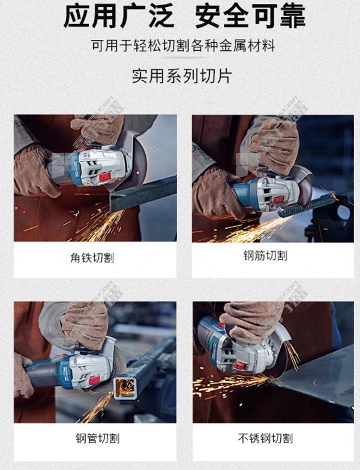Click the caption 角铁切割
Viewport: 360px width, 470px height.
pos(92,258)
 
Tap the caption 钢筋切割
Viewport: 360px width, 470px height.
pos(265,256)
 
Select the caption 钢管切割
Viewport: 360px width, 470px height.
pos(97,438)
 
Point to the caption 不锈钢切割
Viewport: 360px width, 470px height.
pos(265,438)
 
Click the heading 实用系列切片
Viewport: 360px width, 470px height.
pos(182,76)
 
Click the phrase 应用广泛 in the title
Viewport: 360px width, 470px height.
pos(119,16)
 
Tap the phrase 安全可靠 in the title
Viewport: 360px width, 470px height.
pos(250,16)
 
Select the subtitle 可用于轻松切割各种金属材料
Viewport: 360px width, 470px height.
pos(183,46)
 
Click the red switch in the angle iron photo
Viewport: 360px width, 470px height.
pos(105,177)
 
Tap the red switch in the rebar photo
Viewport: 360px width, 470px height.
pos(278,199)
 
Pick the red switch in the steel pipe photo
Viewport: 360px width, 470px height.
pos(94,380)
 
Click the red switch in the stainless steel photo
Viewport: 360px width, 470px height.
pos(239,366)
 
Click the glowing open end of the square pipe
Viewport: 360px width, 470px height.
pos(125,388)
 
